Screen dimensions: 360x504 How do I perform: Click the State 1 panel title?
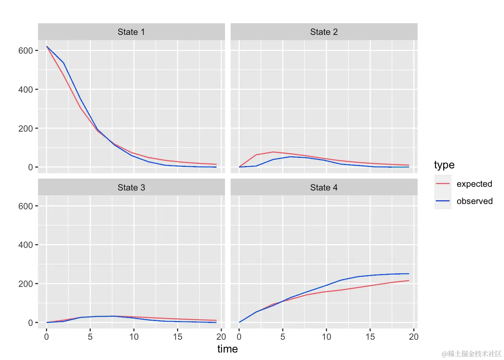(131, 32)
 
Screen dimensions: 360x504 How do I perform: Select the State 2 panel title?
(324, 32)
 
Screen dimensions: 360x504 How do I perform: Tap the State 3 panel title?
(131, 187)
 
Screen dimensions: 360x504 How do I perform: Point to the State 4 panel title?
(324, 187)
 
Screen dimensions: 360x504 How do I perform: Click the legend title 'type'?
(444, 165)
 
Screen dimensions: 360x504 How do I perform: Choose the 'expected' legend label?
(474, 184)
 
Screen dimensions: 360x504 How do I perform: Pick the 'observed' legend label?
(474, 201)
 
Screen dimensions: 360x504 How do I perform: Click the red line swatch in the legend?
(442, 184)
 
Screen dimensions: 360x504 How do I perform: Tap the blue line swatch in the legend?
(442, 201)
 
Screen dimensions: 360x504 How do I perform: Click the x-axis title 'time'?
(227, 349)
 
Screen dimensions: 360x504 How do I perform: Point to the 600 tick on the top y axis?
(25, 51)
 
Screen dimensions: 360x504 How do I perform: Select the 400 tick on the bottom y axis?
(25, 245)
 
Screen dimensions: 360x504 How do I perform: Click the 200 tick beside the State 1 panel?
(25, 129)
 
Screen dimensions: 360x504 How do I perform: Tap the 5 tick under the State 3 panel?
(90, 337)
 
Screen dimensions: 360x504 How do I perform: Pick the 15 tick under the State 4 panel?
(370, 337)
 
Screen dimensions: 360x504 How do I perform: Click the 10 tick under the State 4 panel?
(326, 337)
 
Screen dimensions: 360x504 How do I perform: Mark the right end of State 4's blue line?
(409, 274)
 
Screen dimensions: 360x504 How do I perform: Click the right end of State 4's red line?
(409, 280)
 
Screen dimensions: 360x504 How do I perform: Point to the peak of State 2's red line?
(273, 152)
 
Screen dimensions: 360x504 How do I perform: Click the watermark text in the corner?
(471, 354)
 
